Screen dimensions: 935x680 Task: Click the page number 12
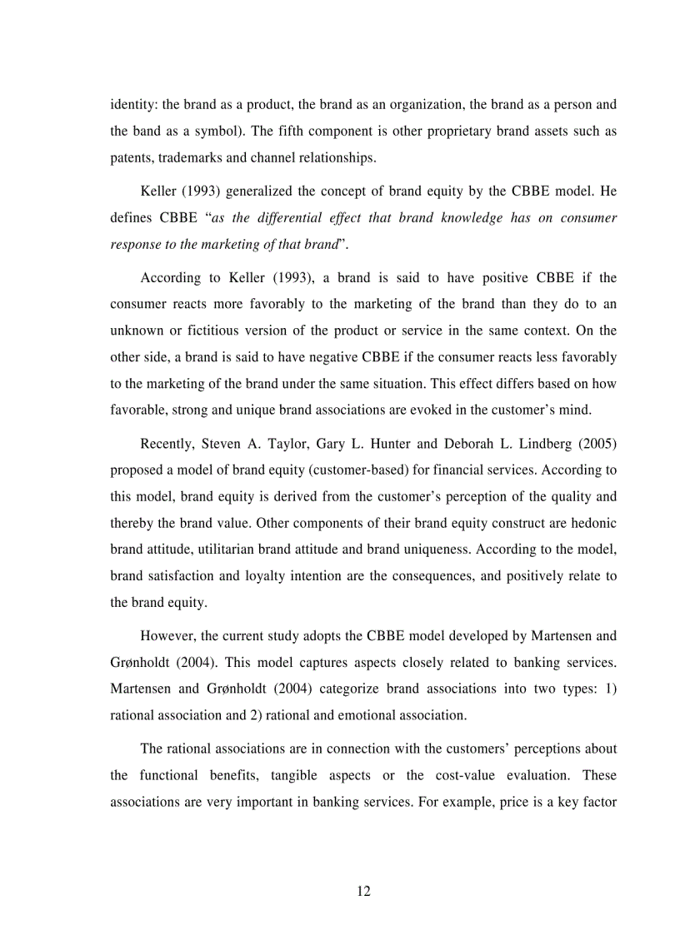click(x=363, y=891)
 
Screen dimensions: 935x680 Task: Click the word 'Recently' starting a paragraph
click(x=166, y=443)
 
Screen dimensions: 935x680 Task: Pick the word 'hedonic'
click(x=594, y=523)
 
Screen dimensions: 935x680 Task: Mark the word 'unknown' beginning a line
click(x=135, y=331)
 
